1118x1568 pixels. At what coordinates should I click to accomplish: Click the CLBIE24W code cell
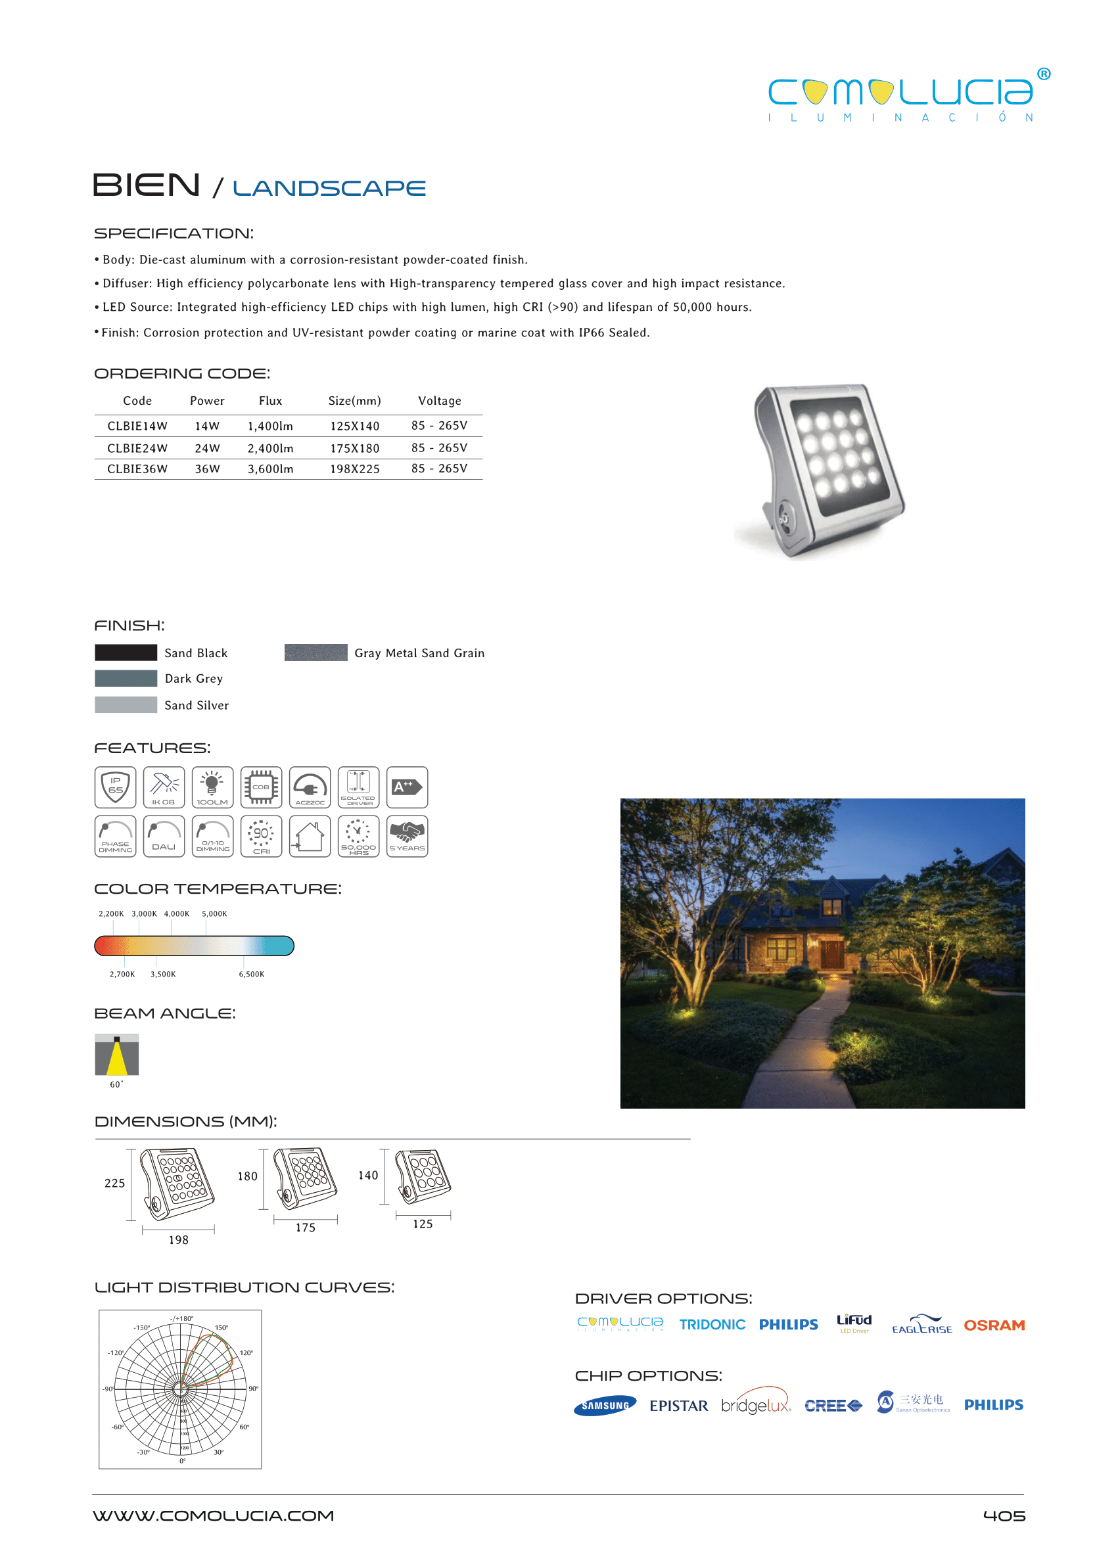click(x=137, y=448)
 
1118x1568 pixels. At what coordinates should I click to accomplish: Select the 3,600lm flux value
click(x=271, y=469)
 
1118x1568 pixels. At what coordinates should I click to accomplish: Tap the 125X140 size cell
click(x=354, y=426)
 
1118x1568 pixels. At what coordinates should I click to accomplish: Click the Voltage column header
click(x=439, y=401)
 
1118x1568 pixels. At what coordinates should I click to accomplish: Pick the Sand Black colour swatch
click(x=126, y=653)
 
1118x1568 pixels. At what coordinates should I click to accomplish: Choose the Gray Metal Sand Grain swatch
click(x=315, y=653)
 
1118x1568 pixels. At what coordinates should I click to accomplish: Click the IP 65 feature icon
click(x=116, y=787)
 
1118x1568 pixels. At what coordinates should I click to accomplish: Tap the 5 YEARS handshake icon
click(x=407, y=837)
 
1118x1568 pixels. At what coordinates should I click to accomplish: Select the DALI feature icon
click(x=164, y=837)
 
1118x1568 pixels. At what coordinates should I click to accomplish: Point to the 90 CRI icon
click(x=261, y=837)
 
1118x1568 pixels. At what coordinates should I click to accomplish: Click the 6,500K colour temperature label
click(x=251, y=974)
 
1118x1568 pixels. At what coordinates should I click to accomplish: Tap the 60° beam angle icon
click(x=117, y=1054)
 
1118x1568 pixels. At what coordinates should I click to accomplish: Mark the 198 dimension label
click(x=178, y=1239)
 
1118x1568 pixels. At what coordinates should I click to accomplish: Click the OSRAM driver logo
click(x=994, y=1325)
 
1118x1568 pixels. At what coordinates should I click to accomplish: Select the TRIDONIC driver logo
click(x=712, y=1324)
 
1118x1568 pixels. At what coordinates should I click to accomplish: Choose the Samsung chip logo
click(x=605, y=1406)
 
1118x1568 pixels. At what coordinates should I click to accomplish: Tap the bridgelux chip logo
click(x=756, y=1405)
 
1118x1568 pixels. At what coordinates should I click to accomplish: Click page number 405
click(x=1004, y=1515)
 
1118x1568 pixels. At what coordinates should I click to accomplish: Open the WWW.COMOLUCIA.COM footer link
click(x=214, y=1515)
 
